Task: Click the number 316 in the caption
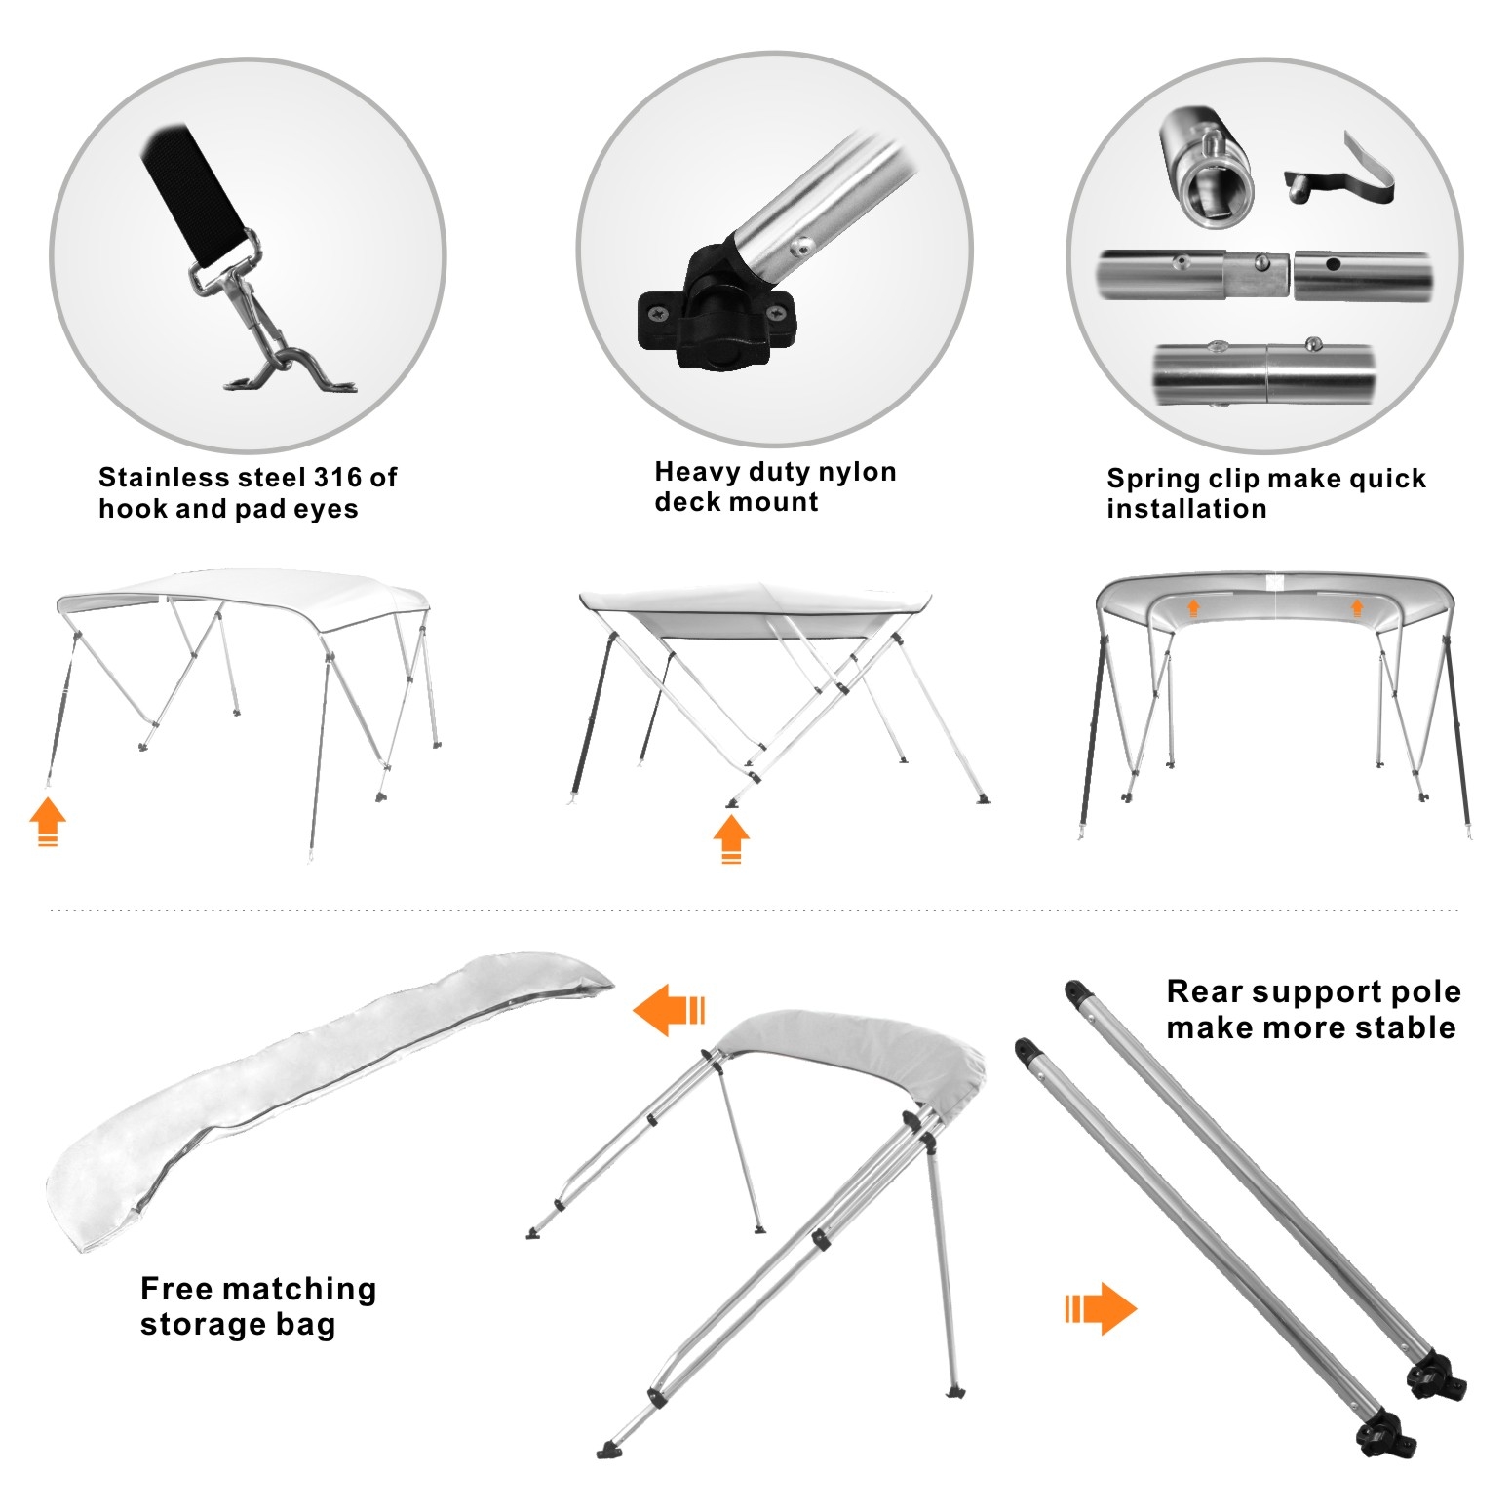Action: [339, 478]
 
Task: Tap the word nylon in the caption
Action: [857, 473]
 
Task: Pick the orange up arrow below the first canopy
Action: [47, 822]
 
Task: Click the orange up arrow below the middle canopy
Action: [731, 838]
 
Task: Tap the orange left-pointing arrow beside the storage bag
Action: [669, 1009]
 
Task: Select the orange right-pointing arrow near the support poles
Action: [1101, 1307]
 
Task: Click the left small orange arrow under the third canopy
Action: [1192, 608]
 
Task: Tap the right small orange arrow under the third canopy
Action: [1356, 608]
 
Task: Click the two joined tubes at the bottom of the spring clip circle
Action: [1264, 373]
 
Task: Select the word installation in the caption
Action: [1186, 509]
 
